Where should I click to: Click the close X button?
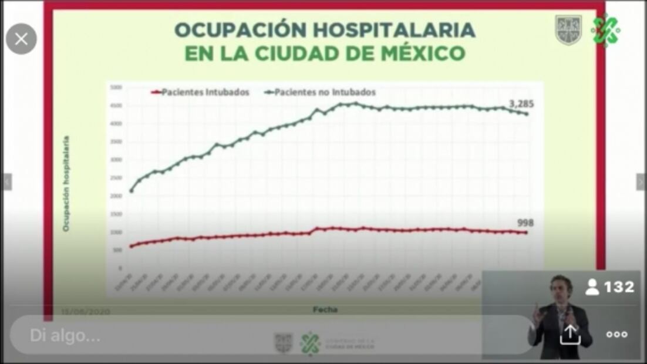[x=21, y=39]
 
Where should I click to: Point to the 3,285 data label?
[x=521, y=104]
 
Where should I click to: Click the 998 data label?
[x=525, y=223]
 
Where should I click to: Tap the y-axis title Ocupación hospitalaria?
[x=66, y=183]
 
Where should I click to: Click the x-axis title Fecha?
[x=325, y=308]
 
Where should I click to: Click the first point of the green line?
[x=131, y=190]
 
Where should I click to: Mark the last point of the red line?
[x=525, y=233]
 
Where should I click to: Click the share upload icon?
[x=570, y=334]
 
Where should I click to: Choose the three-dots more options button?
[x=616, y=334]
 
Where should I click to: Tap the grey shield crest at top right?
[x=568, y=31]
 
